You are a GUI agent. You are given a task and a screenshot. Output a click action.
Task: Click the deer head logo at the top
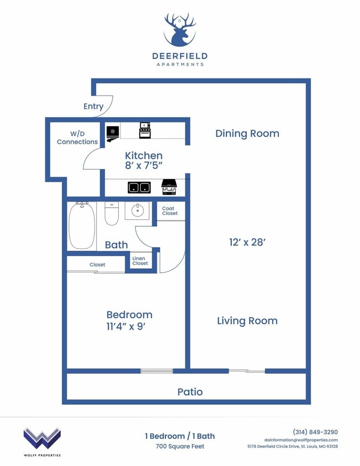point(179,30)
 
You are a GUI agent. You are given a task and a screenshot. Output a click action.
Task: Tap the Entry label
point(93,106)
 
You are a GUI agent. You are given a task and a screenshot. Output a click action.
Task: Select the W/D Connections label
point(77,137)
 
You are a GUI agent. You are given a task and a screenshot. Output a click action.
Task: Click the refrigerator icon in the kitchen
point(112,131)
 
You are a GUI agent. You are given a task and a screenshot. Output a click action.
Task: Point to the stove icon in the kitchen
point(145,130)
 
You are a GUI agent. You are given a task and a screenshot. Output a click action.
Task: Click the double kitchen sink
point(140,187)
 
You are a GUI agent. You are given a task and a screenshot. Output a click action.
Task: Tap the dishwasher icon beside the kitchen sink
point(168,188)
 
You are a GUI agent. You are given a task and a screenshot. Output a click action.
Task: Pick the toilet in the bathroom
point(112,214)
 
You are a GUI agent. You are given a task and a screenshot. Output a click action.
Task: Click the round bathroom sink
point(136,210)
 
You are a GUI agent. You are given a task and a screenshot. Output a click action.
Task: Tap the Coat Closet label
point(170,211)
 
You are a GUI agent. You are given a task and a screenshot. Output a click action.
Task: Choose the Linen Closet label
point(140,261)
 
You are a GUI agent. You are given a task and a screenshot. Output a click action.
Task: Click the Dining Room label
point(247,133)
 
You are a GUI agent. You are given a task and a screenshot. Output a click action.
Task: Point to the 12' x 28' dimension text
point(247,241)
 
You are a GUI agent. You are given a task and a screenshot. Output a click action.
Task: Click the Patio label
point(190,391)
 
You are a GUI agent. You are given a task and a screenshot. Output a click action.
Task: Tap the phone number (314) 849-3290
point(315,432)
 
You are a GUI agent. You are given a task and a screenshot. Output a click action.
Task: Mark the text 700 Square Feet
point(179,446)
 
